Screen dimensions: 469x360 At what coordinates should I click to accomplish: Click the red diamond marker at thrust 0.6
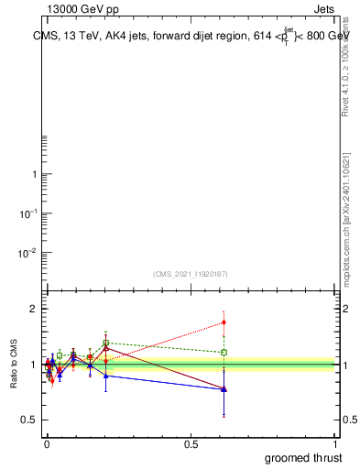point(224,322)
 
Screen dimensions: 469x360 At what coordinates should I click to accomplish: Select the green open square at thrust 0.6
point(224,352)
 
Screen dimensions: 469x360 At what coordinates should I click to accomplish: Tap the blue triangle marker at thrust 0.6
point(224,389)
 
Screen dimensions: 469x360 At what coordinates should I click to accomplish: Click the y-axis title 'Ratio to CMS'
point(15,365)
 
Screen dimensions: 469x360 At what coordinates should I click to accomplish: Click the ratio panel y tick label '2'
point(35,309)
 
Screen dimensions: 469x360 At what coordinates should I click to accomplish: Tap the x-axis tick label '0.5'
point(192,444)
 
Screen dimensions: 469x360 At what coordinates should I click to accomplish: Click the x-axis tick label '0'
point(47,444)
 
